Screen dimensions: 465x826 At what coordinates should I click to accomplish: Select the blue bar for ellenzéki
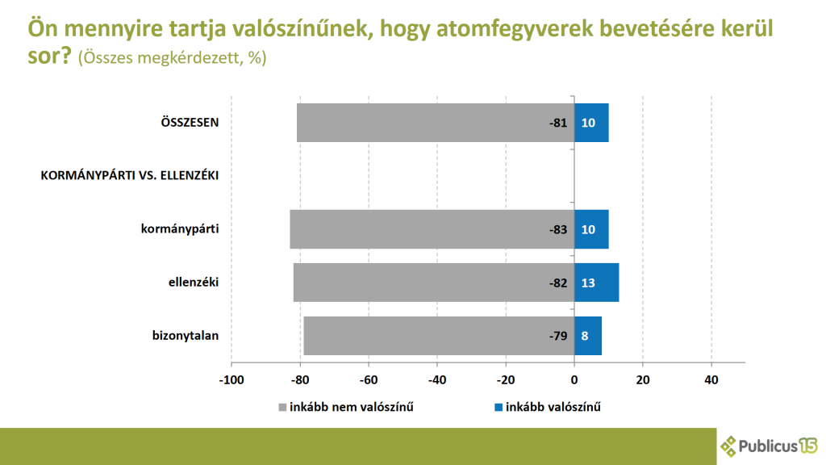pyautogui.click(x=596, y=283)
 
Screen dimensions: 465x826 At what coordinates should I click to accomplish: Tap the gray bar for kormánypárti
pyautogui.click(x=419, y=229)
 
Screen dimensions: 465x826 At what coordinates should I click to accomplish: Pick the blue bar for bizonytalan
pyautogui.click(x=588, y=336)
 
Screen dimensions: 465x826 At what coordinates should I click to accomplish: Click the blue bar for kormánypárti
pyautogui.click(x=591, y=229)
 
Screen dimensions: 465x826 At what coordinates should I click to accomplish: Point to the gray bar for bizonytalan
pyautogui.click(x=428, y=336)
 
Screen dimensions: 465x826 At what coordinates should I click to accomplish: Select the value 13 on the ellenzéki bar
pyautogui.click(x=588, y=283)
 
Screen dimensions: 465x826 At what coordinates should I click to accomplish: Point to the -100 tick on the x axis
pyautogui.click(x=231, y=379)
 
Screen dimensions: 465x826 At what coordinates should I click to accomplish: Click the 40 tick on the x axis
pyautogui.click(x=711, y=379)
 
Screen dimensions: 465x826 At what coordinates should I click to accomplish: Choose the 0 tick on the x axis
pyautogui.click(x=574, y=379)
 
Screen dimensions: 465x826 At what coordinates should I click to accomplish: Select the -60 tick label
pyautogui.click(x=368, y=379)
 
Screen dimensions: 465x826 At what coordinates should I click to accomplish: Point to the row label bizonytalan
pyautogui.click(x=186, y=336)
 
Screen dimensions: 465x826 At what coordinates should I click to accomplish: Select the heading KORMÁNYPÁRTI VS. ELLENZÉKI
pyautogui.click(x=131, y=175)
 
